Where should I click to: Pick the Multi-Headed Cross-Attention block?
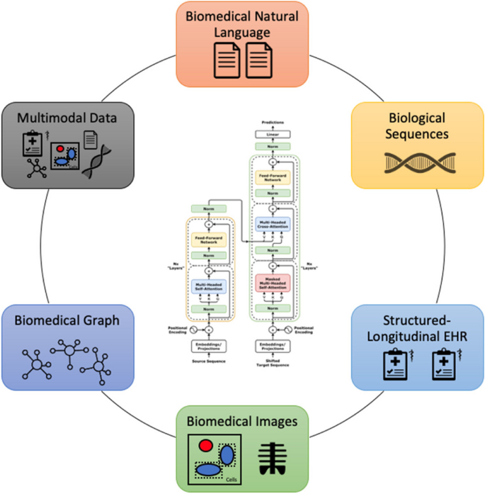click(x=273, y=225)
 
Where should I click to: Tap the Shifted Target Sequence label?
click(x=273, y=364)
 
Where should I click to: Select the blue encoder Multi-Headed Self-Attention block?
click(x=209, y=286)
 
